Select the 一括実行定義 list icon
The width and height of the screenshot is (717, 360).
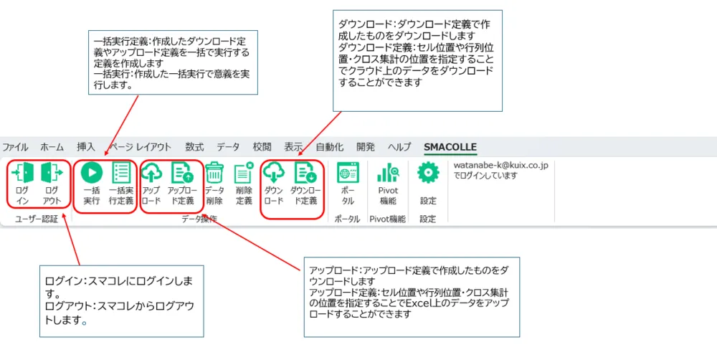121,174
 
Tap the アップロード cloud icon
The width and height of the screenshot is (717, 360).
151,173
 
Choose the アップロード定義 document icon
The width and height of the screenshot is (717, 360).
181,173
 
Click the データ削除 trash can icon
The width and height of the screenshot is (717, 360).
214,173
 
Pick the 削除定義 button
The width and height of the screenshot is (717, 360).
244,173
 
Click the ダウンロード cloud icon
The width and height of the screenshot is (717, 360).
275,173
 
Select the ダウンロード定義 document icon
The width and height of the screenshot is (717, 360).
305,173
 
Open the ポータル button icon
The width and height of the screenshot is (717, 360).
348,173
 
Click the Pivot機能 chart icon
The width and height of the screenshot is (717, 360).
388,173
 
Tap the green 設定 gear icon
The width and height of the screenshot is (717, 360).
428,173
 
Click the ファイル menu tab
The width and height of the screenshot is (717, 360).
16,147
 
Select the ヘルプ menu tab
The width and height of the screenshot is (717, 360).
399,147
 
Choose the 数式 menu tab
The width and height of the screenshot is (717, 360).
194,147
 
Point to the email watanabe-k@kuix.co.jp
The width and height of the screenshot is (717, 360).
500,166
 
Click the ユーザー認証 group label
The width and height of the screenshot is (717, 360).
37,219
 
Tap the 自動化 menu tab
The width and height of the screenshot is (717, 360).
330,147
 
